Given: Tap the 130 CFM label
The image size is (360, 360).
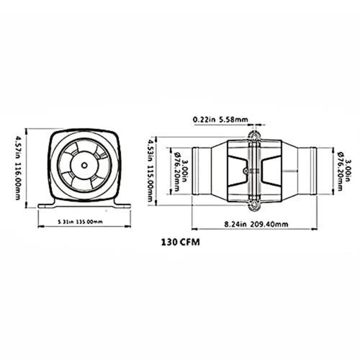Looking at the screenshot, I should click(x=180, y=243).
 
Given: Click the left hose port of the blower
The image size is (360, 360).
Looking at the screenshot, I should click(x=202, y=170).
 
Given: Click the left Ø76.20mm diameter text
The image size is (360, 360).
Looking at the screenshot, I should click(x=175, y=170).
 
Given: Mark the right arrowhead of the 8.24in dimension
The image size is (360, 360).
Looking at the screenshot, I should click(x=314, y=224).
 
